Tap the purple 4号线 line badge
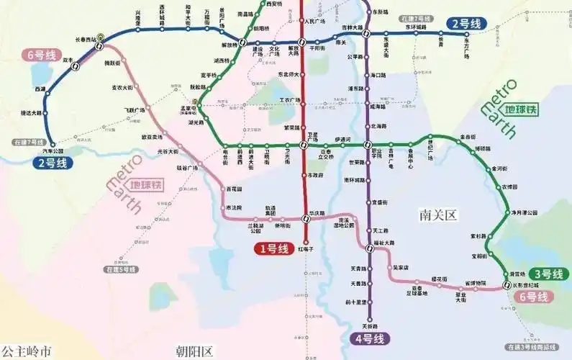pos(369,338)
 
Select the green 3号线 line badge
pos(548,274)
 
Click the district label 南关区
pos(437,214)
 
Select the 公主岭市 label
pos(27,351)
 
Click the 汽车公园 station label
pos(54,150)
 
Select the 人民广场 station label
pos(317,21)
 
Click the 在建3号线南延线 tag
pos(531,347)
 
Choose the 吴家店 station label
pos(401,267)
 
